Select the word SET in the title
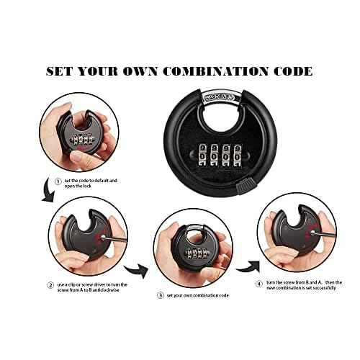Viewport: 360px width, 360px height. coord(61,71)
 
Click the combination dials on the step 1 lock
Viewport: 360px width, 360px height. coord(81,137)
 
